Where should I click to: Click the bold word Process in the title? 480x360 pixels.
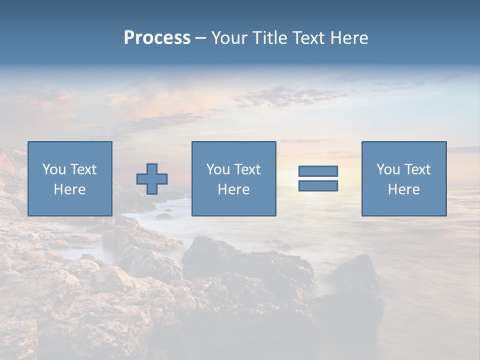(157, 38)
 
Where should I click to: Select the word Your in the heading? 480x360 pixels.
(229, 38)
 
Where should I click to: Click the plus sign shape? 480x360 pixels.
(152, 179)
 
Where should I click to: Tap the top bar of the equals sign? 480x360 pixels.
(318, 171)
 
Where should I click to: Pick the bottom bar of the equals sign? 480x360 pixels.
(318, 185)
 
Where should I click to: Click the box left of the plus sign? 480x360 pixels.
(70, 179)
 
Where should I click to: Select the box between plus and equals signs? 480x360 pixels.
(234, 179)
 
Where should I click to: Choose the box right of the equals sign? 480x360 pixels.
(404, 179)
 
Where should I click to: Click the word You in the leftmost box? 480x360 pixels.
(54, 169)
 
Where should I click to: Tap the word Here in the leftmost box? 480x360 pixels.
(70, 189)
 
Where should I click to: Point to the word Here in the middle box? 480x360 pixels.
(234, 189)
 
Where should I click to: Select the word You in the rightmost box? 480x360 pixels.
(388, 169)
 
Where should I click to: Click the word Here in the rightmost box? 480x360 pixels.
(404, 189)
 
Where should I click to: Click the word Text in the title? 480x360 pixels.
(307, 38)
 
